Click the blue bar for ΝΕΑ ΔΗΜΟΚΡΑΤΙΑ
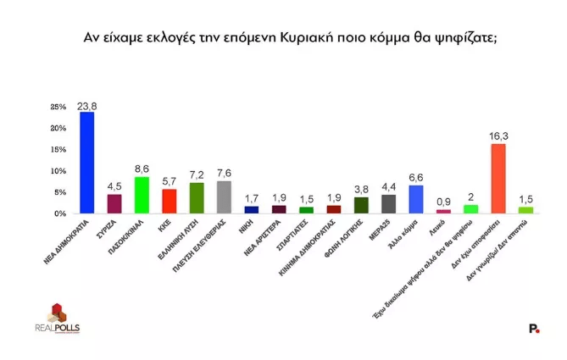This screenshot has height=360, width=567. pos(86,163)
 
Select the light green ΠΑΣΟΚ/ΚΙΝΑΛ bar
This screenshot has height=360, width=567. pos(142,195)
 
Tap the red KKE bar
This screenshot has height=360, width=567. pos(169,202)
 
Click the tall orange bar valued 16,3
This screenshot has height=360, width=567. pos(498,179)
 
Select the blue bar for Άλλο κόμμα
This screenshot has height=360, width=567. pos(415,199)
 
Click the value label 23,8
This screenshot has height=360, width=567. pos(86,105)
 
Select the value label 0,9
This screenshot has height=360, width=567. pos(443,202)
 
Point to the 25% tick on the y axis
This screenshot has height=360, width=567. pos(58,108)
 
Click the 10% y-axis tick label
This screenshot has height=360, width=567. pos(58,171)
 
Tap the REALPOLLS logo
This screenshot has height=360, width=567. pos(57,318)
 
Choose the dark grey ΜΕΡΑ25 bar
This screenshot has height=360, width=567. pos(388,204)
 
